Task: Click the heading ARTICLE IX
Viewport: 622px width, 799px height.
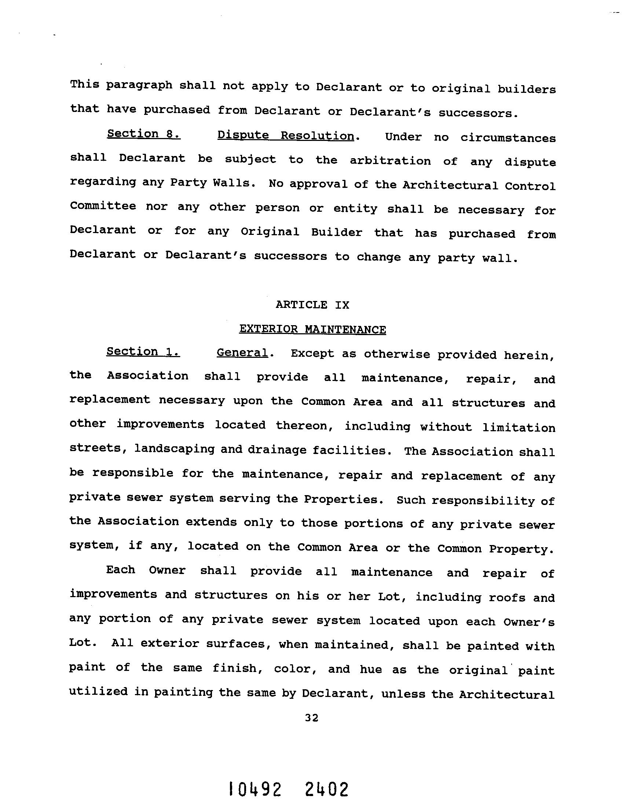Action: [312, 305]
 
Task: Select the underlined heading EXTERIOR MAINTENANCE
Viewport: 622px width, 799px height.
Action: [312, 329]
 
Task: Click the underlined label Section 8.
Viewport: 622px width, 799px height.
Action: [143, 134]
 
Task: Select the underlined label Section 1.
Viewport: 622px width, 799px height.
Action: [143, 352]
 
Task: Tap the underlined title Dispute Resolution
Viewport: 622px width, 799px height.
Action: [286, 135]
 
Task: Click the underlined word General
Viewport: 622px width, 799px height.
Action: [242, 353]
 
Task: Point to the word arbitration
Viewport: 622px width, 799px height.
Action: [390, 161]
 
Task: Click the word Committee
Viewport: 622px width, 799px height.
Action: [103, 206]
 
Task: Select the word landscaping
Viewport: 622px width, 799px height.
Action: [174, 449]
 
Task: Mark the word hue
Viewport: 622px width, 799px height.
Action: [370, 669]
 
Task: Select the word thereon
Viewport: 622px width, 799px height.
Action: [306, 425]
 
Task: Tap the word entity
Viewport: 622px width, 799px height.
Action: [355, 208]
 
